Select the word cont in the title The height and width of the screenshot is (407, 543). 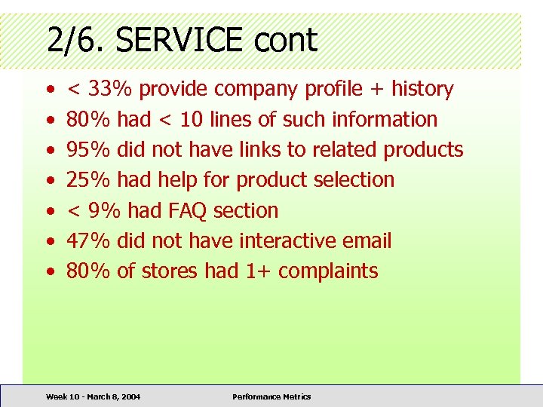click(x=286, y=40)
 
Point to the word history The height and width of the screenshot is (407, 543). click(x=422, y=89)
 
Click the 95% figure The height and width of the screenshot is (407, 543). click(x=89, y=149)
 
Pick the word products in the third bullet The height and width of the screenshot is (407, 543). click(x=423, y=149)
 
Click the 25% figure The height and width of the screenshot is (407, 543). click(x=89, y=179)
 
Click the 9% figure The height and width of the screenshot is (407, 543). click(x=105, y=210)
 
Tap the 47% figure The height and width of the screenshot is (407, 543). click(x=89, y=240)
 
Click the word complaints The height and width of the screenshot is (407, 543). click(x=328, y=271)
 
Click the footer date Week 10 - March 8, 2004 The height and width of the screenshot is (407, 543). click(x=93, y=396)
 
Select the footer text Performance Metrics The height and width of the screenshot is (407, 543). click(x=271, y=396)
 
